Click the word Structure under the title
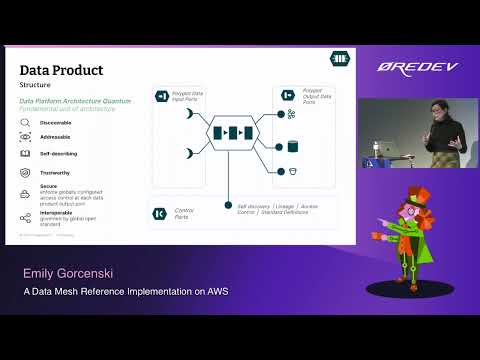pos(37,87)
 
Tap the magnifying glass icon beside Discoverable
pos(26,123)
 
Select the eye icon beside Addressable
pos(26,139)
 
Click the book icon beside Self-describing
pos(26,155)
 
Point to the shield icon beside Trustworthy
pos(26,172)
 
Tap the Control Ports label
pos(185,212)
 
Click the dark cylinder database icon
pos(293,146)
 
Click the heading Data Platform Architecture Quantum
pos(74,101)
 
